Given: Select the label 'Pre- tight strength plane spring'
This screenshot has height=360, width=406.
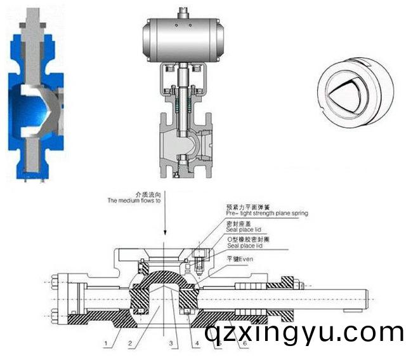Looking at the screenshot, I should pos(266,214).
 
